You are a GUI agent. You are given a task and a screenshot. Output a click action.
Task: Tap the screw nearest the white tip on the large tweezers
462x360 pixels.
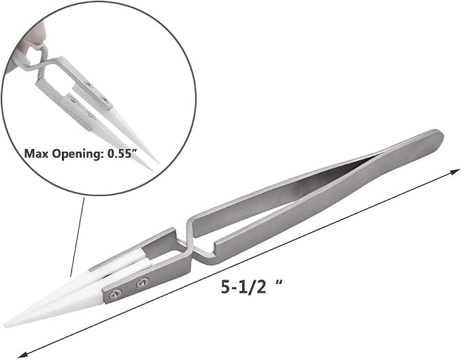(116, 294)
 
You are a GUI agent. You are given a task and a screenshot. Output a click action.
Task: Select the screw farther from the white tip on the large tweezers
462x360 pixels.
(142, 283)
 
